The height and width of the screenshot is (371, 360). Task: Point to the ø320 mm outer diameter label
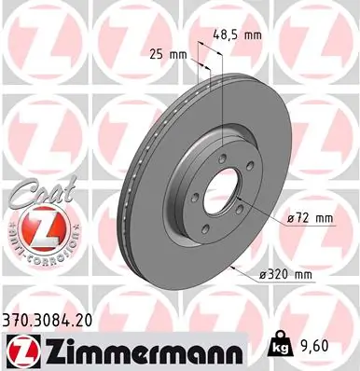tap(285, 276)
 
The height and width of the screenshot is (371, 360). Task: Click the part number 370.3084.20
tap(55, 320)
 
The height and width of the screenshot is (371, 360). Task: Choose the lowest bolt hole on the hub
tap(213, 228)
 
